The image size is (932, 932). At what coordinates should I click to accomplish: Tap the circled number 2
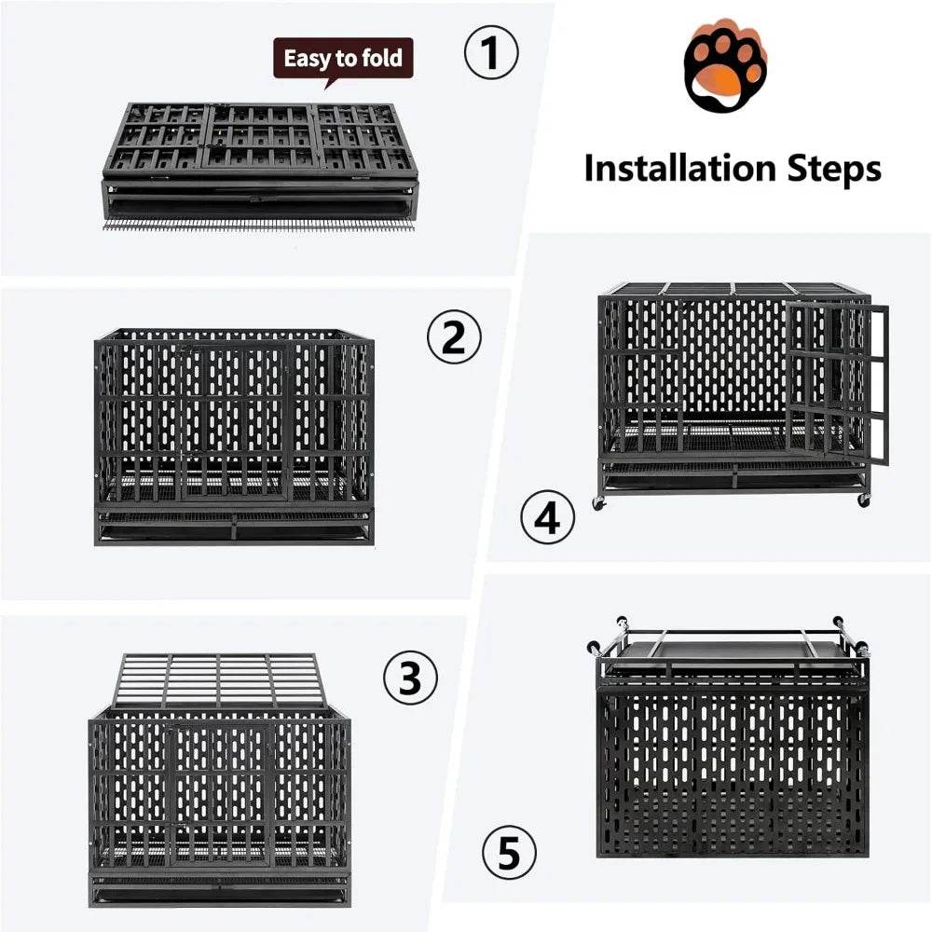click(454, 337)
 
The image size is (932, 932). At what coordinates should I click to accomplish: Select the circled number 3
click(410, 681)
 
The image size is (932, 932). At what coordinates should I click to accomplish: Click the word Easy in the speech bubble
click(308, 59)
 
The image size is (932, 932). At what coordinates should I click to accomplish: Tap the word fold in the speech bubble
click(381, 59)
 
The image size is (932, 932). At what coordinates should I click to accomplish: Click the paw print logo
click(724, 69)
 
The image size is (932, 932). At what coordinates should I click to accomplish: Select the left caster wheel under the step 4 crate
click(597, 503)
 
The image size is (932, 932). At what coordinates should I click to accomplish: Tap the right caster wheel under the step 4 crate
click(863, 500)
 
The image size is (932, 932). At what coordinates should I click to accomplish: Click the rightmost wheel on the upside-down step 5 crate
click(861, 649)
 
